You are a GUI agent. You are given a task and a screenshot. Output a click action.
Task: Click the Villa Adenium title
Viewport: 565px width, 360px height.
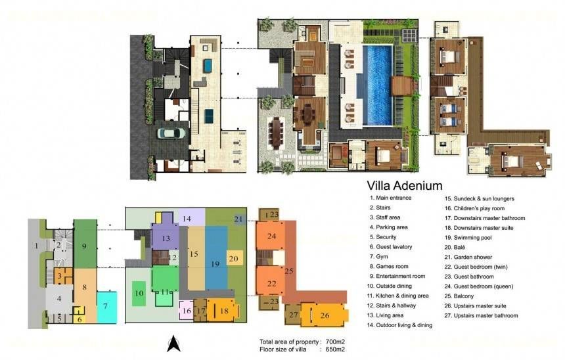point(404,186)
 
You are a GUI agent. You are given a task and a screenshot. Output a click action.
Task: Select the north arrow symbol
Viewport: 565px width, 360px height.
point(173,344)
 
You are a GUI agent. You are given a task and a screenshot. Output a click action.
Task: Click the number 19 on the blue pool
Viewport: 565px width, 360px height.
point(215,264)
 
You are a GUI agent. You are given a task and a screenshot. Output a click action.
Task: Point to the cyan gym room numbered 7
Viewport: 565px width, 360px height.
point(106,307)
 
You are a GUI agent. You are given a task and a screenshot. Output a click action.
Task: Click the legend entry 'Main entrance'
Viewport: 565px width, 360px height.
point(390,198)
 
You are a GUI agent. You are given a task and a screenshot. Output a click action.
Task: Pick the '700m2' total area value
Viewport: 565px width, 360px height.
point(335,342)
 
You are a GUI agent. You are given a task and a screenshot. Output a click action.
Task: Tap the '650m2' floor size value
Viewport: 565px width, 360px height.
point(335,349)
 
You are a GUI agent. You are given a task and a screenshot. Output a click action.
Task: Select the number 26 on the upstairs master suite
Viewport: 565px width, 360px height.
point(325,315)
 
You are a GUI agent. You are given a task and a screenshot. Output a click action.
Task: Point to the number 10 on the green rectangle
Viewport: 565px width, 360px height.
point(139,294)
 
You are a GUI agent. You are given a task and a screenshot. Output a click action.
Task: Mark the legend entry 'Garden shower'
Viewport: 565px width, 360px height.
point(468,257)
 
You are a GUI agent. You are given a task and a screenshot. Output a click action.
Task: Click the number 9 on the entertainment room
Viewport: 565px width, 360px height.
point(84,246)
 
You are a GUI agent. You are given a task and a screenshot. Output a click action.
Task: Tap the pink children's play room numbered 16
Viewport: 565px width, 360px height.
point(187,310)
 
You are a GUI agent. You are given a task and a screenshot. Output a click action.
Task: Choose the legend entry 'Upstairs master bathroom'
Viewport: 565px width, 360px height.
point(481,316)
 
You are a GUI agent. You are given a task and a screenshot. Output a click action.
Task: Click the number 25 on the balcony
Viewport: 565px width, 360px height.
point(288,271)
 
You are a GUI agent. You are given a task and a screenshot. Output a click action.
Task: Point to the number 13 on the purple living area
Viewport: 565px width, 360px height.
point(166,238)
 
